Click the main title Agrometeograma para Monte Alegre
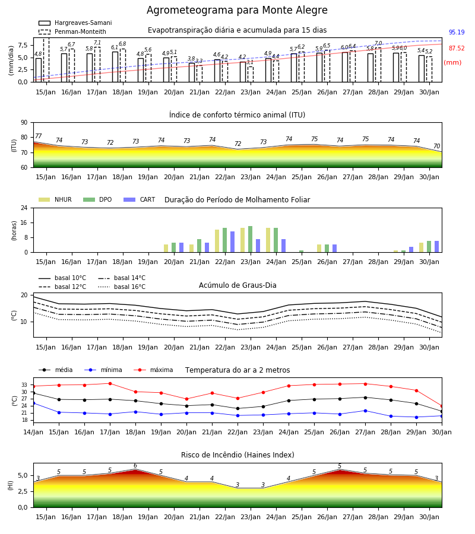coord(237,10)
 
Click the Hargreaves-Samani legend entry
coord(75,23)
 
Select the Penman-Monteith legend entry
coord(72,31)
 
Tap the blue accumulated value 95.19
coord(457,33)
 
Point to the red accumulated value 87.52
coord(457,49)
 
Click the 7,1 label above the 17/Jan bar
coord(97,43)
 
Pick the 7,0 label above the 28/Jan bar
coord(378,43)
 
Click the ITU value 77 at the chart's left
coord(38,136)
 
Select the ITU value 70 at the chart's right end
coord(436,146)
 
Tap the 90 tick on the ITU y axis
coord(24,123)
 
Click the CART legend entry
coord(140,199)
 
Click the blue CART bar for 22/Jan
coord(232,242)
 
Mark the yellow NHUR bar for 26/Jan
coord(319,248)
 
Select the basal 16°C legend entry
coord(122,287)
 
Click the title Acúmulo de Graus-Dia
coord(237,285)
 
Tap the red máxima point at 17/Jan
coord(110,383)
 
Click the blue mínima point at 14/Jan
coord(33,403)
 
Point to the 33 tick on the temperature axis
coord(24,385)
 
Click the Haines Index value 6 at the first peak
coord(135,466)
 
